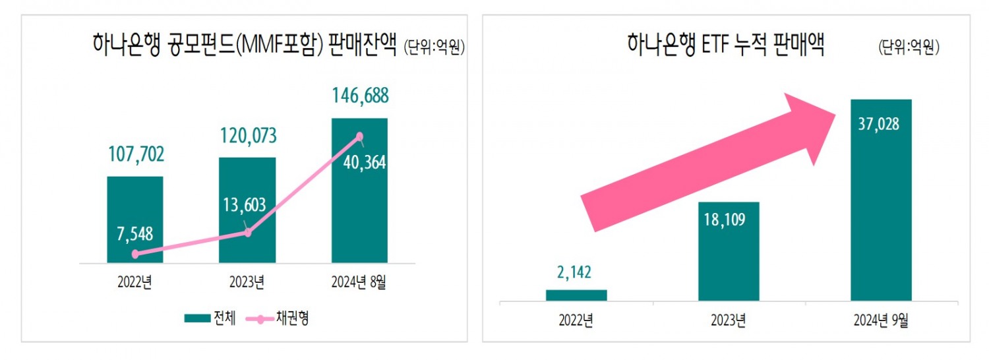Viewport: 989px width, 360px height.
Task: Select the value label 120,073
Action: pyautogui.click(x=247, y=136)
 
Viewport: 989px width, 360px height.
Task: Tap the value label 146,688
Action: pyautogui.click(x=359, y=96)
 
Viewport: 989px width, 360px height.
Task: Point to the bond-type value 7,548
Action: pyautogui.click(x=135, y=233)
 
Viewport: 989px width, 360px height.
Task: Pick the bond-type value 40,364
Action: pyautogui.click(x=365, y=162)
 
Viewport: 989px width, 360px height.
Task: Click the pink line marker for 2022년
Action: pyautogui.click(x=135, y=254)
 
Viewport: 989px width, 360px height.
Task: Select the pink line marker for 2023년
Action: pyautogui.click(x=247, y=232)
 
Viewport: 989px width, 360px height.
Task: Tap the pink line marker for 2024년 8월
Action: pyautogui.click(x=359, y=136)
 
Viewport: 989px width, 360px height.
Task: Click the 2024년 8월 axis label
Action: pyautogui.click(x=359, y=282)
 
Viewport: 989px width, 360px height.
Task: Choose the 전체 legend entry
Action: pyautogui.click(x=210, y=318)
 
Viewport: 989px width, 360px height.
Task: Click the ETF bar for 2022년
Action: pyautogui.click(x=576, y=295)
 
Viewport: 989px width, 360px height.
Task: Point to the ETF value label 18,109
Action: pyautogui.click(x=728, y=220)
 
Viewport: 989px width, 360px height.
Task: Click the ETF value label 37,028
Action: pyautogui.click(x=881, y=124)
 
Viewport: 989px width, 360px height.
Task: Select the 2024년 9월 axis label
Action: pyautogui.click(x=881, y=321)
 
